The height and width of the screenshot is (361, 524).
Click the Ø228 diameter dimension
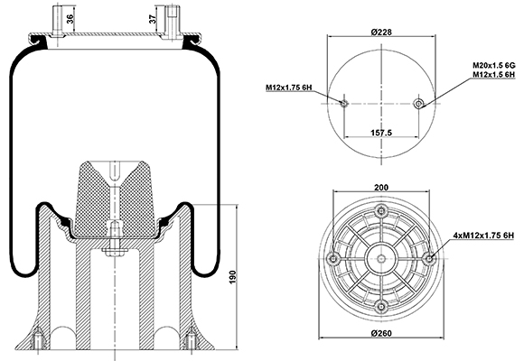pos(381,32)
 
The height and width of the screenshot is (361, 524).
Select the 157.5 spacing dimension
pos(381,133)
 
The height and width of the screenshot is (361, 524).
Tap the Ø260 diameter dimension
pos(381,333)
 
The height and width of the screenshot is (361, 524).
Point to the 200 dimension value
pos(381,188)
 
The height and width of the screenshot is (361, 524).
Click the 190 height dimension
pos(232,277)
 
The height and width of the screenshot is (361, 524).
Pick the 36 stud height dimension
pos(70,19)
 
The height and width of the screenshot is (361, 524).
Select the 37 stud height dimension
pos(153,19)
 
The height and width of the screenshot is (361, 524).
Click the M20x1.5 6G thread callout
pos(493,65)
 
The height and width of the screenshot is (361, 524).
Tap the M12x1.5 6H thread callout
pos(493,75)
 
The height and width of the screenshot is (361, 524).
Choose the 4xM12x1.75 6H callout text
pos(483,236)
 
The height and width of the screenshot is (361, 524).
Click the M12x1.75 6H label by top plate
pos(289,88)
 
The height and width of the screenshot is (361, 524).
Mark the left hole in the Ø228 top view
pos(344,103)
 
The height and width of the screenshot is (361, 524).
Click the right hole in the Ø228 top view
pos(418,104)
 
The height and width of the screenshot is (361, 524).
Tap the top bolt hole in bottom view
pos(381,210)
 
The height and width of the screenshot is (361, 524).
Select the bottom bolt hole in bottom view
pos(381,306)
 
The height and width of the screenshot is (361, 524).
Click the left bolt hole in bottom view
pos(333,258)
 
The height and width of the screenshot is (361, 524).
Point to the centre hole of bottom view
pos(381,258)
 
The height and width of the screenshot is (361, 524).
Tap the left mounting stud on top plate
pos(57,21)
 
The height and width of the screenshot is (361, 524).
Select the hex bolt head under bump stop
pos(115,252)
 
